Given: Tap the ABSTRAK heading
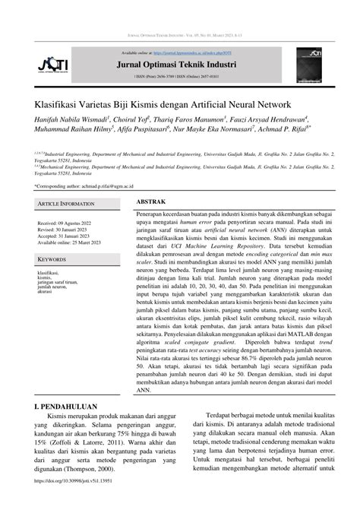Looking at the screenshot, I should tap(152, 202).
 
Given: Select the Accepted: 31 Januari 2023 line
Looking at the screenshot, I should tap(68, 236).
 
